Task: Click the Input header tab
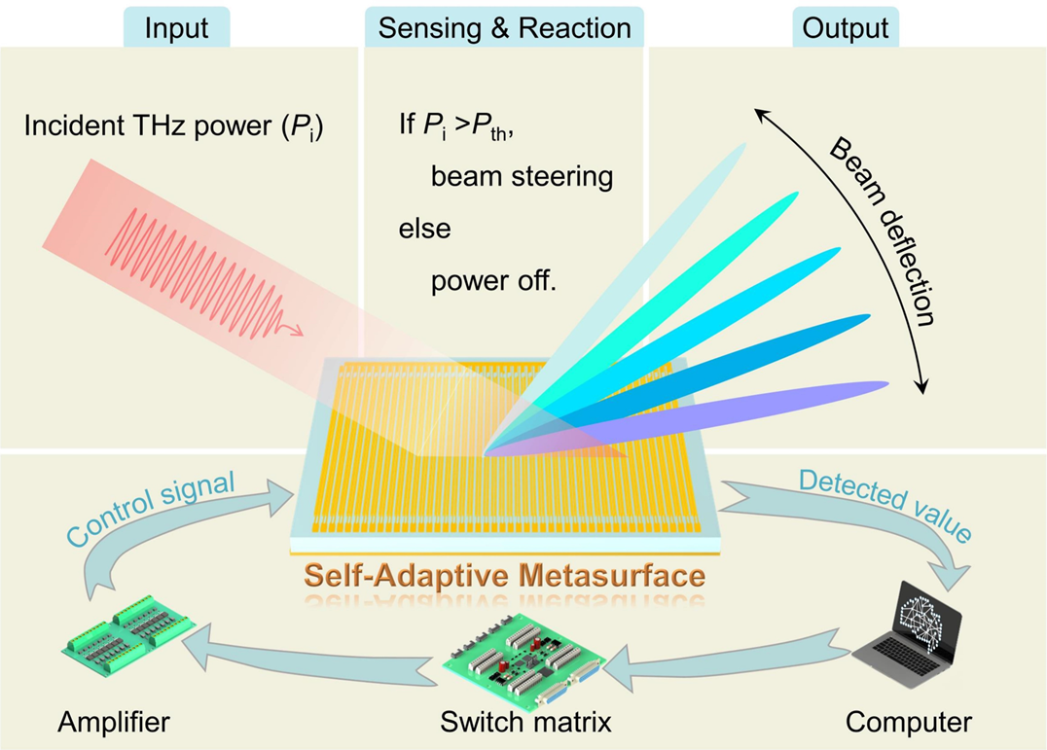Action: (x=176, y=28)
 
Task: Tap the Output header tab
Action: (x=846, y=28)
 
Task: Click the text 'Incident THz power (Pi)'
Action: (x=173, y=126)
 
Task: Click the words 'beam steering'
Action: (x=522, y=177)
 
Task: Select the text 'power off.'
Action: (x=493, y=282)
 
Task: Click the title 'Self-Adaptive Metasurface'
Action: (x=504, y=575)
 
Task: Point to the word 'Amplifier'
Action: (x=113, y=723)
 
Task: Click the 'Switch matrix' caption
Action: (x=525, y=723)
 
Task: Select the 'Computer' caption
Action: (x=908, y=723)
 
